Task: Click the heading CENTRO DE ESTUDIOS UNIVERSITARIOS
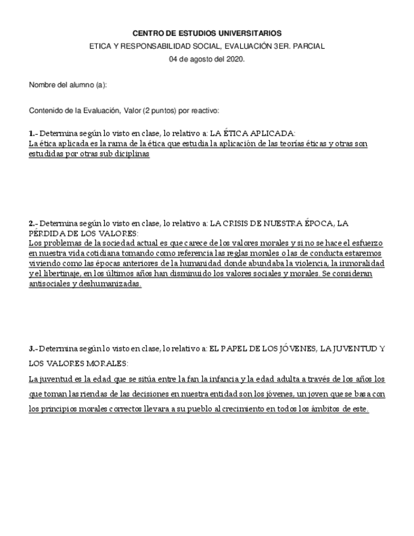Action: pyautogui.click(x=207, y=33)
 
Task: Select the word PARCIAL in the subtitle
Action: pyautogui.click(x=310, y=46)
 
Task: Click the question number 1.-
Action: pyautogui.click(x=33, y=133)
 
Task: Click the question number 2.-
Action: pyautogui.click(x=33, y=224)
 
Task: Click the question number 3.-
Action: pyautogui.click(x=33, y=348)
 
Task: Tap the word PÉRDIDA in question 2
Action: pyautogui.click(x=47, y=233)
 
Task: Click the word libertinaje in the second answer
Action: pyautogui.click(x=58, y=274)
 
